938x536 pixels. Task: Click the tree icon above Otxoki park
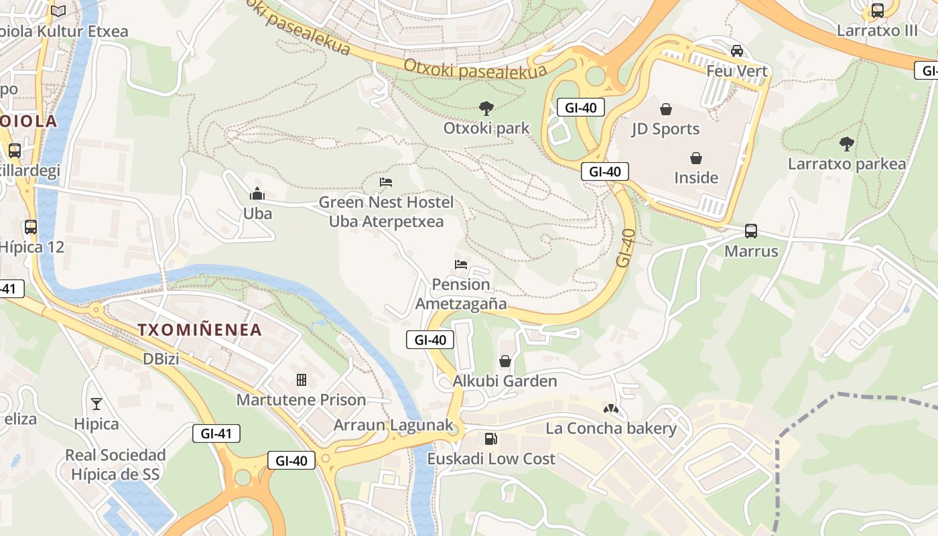pyautogui.click(x=486, y=108)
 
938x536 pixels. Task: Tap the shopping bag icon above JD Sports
pyautogui.click(x=666, y=109)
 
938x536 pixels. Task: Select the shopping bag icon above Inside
pyautogui.click(x=696, y=158)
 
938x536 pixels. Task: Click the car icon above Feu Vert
pyautogui.click(x=737, y=51)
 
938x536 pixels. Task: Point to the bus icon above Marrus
pyautogui.click(x=751, y=231)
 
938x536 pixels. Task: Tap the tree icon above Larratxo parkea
pyautogui.click(x=847, y=143)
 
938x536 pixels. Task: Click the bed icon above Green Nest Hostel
pyautogui.click(x=386, y=182)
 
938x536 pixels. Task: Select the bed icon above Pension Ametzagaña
pyautogui.click(x=461, y=264)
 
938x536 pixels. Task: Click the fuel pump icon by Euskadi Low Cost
pyautogui.click(x=491, y=439)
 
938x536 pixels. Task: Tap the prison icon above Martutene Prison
pyautogui.click(x=301, y=380)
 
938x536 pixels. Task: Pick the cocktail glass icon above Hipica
pyautogui.click(x=96, y=403)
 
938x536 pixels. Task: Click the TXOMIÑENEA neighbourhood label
pyautogui.click(x=200, y=330)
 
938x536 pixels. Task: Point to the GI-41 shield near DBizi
pyautogui.click(x=216, y=433)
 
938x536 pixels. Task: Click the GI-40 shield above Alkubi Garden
pyautogui.click(x=430, y=340)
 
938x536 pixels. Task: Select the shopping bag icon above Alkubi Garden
pyautogui.click(x=505, y=361)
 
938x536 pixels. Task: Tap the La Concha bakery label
pyautogui.click(x=611, y=428)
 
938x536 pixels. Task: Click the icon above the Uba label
pyautogui.click(x=257, y=194)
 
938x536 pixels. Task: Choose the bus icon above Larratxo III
pyautogui.click(x=878, y=11)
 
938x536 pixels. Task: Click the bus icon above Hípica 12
pyautogui.click(x=31, y=227)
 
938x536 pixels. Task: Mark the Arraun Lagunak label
pyautogui.click(x=393, y=425)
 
